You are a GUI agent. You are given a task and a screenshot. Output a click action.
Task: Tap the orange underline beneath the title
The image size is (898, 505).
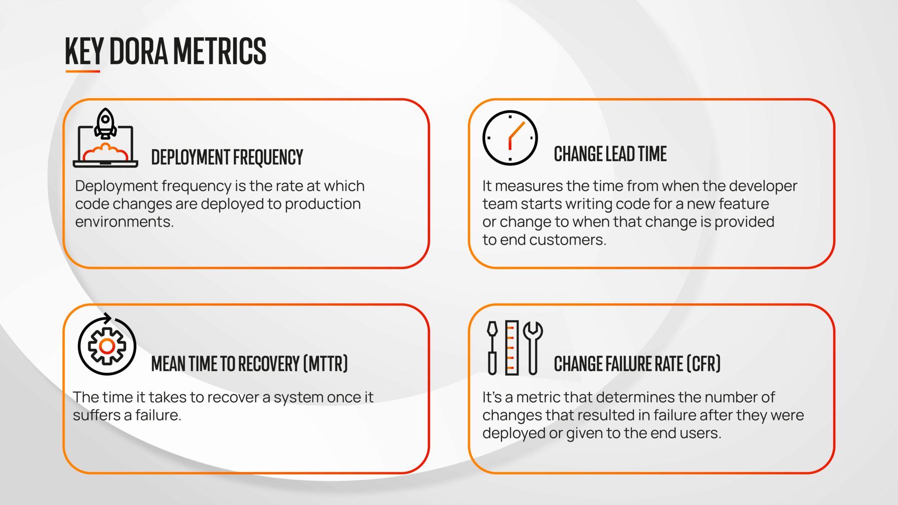pyautogui.click(x=83, y=71)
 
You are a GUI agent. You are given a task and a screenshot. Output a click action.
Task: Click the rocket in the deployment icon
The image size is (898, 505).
pyautogui.click(x=106, y=123)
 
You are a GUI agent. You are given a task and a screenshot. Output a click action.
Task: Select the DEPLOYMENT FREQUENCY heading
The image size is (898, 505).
pyautogui.click(x=227, y=157)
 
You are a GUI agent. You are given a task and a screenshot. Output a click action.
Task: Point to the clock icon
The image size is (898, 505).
pyautogui.click(x=510, y=138)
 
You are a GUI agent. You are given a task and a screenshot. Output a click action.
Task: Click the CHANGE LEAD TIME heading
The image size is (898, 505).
pyautogui.click(x=610, y=154)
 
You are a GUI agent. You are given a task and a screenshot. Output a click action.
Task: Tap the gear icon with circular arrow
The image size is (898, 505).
pyautogui.click(x=107, y=346)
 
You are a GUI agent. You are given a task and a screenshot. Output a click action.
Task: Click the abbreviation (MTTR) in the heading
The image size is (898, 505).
pyautogui.click(x=326, y=364)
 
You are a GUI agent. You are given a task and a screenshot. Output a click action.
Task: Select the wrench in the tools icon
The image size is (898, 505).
pyautogui.click(x=533, y=347)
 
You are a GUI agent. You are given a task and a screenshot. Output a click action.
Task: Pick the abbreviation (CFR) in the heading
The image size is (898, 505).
pyautogui.click(x=703, y=364)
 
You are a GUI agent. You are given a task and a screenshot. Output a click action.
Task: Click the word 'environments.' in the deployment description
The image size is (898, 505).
pyautogui.click(x=124, y=222)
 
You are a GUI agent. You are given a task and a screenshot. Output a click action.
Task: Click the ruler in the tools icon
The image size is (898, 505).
pyautogui.click(x=512, y=348)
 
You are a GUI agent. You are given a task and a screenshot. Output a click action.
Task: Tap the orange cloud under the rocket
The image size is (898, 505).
pyautogui.click(x=105, y=153)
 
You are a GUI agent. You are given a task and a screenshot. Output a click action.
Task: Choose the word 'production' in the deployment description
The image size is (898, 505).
pyautogui.click(x=323, y=204)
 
